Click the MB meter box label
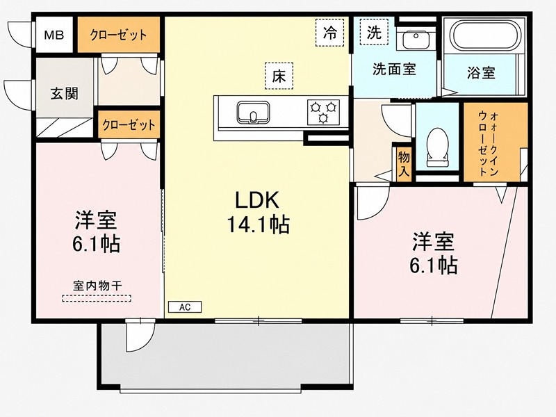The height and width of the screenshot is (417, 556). pyautogui.click(x=54, y=35)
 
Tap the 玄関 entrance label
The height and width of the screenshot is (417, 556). pyautogui.click(x=64, y=94)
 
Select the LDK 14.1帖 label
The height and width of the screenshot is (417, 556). pyautogui.click(x=258, y=212)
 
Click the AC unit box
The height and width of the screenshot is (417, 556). pyautogui.click(x=185, y=307)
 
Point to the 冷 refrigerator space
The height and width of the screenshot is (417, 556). pyautogui.click(x=329, y=33)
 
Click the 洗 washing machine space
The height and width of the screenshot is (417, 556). pyautogui.click(x=374, y=32)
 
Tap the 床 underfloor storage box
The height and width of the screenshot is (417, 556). pyautogui.click(x=279, y=76)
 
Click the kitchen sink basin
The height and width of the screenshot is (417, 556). pyautogui.click(x=253, y=113)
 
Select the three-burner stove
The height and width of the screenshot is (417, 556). pyautogui.click(x=323, y=112)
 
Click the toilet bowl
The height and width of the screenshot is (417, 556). pyautogui.click(x=438, y=147)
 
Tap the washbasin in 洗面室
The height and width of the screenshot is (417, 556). pyautogui.click(x=416, y=40)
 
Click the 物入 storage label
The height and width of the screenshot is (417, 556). pyautogui.click(x=404, y=164)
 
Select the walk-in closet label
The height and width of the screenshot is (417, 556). pyautogui.click(x=489, y=143)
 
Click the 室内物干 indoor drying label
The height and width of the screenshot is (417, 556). pyautogui.click(x=97, y=286)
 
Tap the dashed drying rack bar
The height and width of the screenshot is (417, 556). pyautogui.click(x=97, y=299)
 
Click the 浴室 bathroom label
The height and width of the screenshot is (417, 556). pyautogui.click(x=481, y=73)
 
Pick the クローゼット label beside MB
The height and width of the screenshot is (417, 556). pyautogui.click(x=118, y=35)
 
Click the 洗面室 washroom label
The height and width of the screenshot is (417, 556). pyautogui.click(x=394, y=69)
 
